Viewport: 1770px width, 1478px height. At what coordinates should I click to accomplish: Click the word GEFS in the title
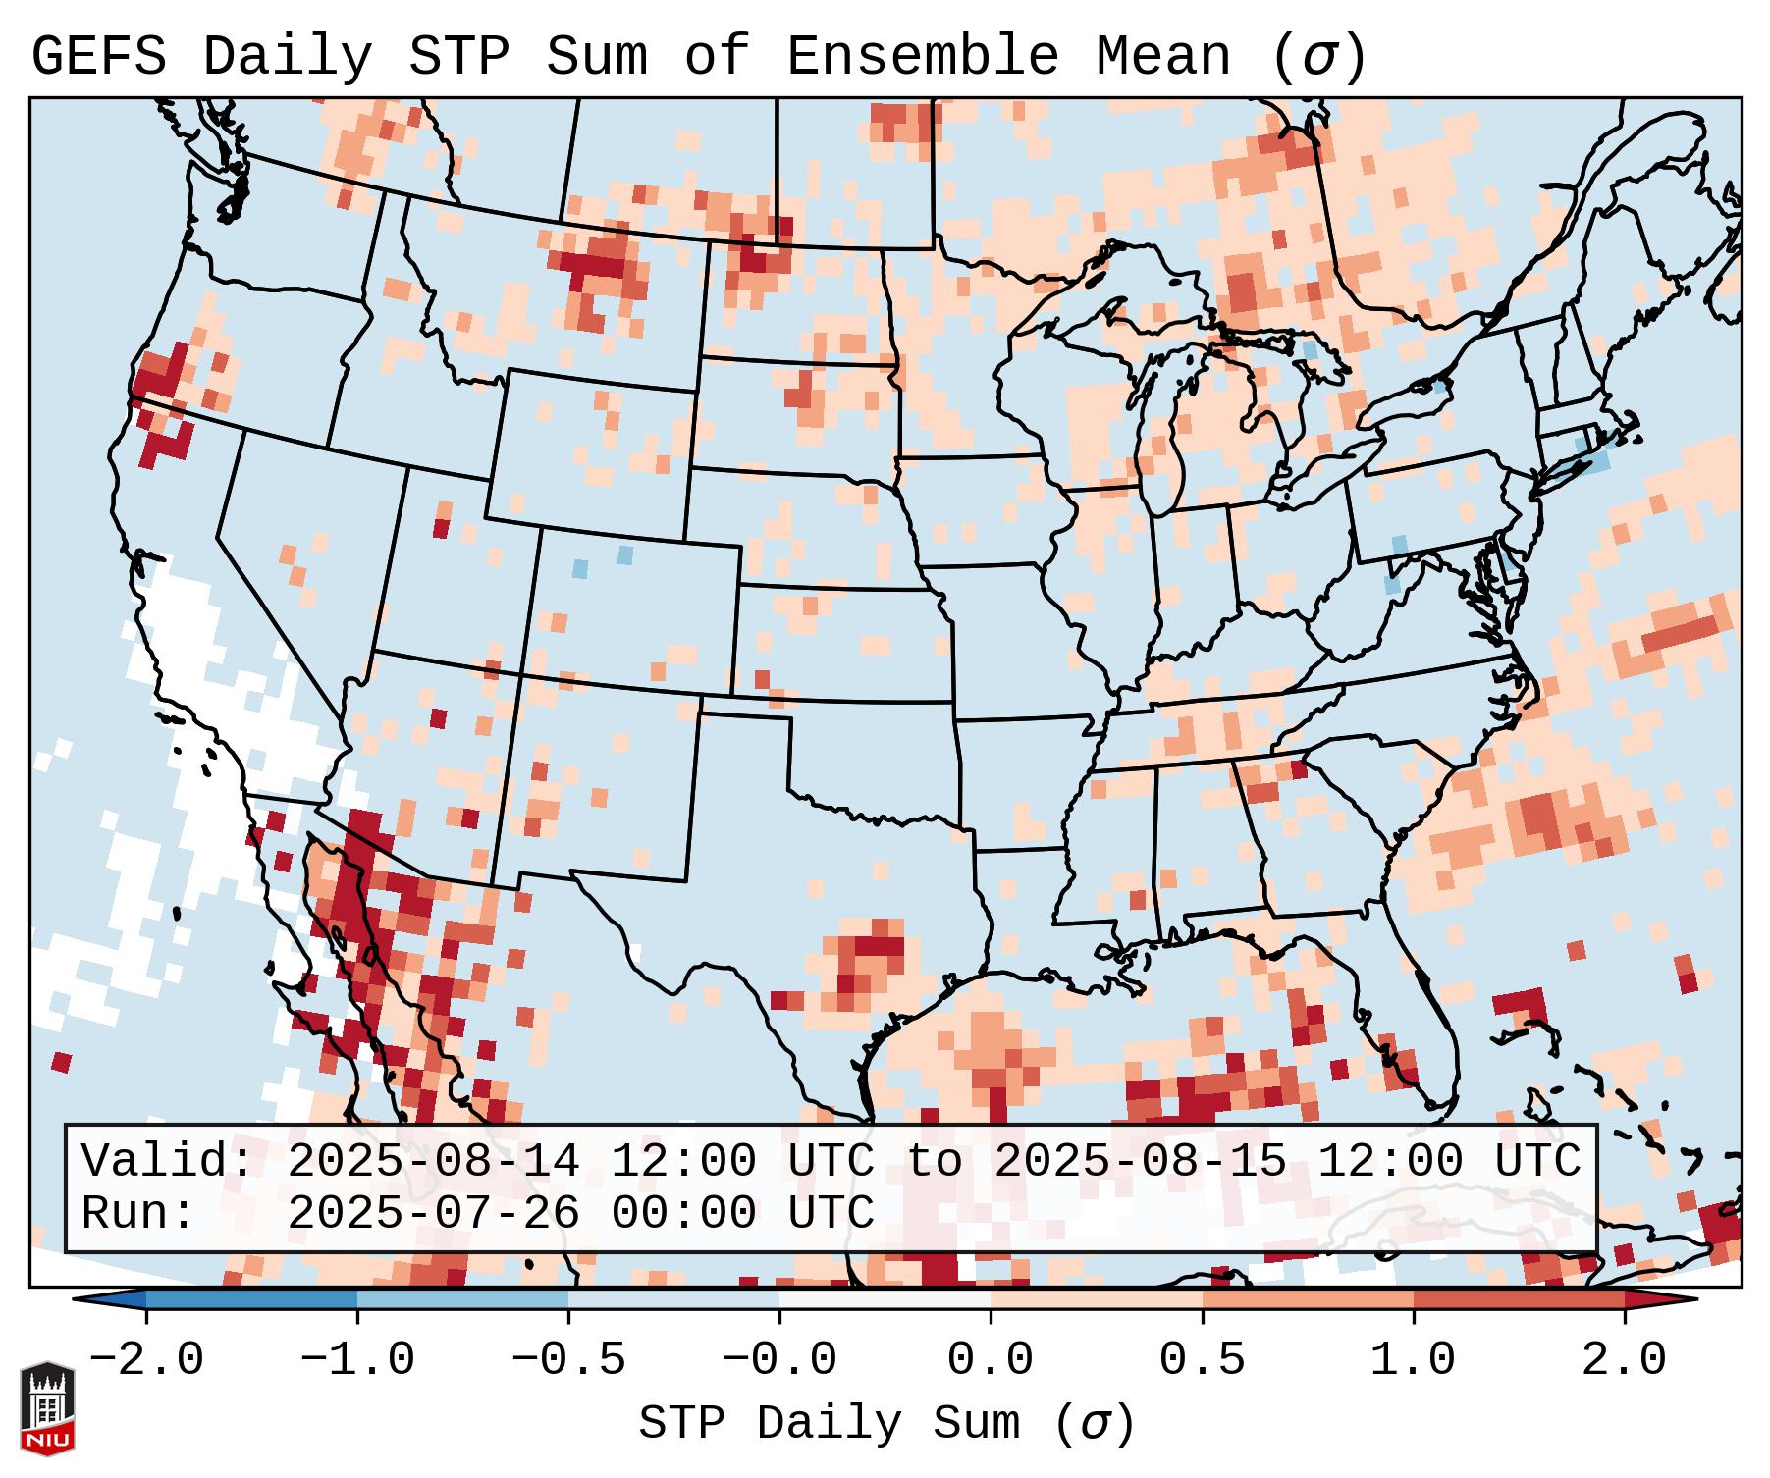(98, 57)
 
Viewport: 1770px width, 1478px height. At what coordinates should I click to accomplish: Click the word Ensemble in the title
(923, 57)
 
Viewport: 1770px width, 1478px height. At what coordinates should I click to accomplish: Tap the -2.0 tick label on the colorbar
(146, 1360)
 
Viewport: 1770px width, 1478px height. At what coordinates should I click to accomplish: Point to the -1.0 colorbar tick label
(357, 1360)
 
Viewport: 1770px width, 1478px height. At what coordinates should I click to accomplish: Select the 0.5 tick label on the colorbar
(1202, 1360)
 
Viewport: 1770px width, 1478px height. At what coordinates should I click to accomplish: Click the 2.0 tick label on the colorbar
(1624, 1360)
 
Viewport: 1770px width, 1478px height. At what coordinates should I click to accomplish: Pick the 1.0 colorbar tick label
(1413, 1360)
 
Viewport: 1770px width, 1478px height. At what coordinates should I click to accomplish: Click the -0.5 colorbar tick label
(568, 1360)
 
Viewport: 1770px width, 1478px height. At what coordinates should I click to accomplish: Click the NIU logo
(47, 1408)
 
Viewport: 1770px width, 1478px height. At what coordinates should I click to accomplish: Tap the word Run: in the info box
(138, 1214)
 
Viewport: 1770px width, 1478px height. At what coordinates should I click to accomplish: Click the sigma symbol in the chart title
(1318, 57)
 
